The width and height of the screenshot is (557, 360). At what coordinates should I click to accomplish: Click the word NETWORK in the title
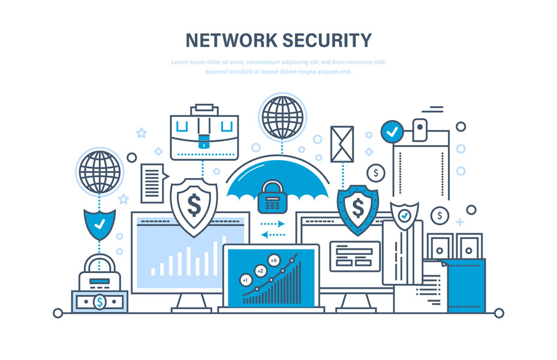231,40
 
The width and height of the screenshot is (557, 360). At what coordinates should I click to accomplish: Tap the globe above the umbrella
282,117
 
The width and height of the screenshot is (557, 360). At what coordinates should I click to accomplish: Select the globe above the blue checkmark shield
100,172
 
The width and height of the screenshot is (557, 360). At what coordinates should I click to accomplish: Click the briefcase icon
204,132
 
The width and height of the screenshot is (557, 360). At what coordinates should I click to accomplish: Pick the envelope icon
342,144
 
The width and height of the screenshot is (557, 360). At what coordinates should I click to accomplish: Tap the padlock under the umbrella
272,197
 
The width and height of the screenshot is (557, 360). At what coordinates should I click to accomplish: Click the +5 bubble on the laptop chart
273,260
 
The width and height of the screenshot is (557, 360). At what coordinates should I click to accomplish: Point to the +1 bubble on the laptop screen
245,280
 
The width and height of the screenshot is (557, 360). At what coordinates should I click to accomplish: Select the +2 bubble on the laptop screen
260,271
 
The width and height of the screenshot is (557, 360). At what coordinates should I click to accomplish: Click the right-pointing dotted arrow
272,224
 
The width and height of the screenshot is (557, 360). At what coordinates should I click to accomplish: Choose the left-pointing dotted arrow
273,235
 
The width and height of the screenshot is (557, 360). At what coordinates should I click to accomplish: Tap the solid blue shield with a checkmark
100,224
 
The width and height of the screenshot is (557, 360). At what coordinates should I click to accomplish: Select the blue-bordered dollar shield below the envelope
358,209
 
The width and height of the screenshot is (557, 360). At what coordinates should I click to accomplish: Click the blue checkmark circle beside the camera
392,132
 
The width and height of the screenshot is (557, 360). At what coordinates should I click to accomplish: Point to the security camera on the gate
420,130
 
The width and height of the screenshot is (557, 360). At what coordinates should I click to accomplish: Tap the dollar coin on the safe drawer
100,302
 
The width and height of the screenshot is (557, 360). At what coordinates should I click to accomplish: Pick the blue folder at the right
466,286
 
